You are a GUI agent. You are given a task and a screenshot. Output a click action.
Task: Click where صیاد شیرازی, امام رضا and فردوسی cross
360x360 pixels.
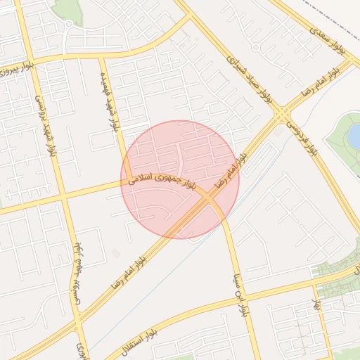tap(283, 114)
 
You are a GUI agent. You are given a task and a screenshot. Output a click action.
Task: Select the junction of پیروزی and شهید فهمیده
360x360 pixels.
tap(103, 57)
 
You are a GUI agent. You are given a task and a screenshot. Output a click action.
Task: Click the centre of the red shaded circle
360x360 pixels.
tap(180, 180)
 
